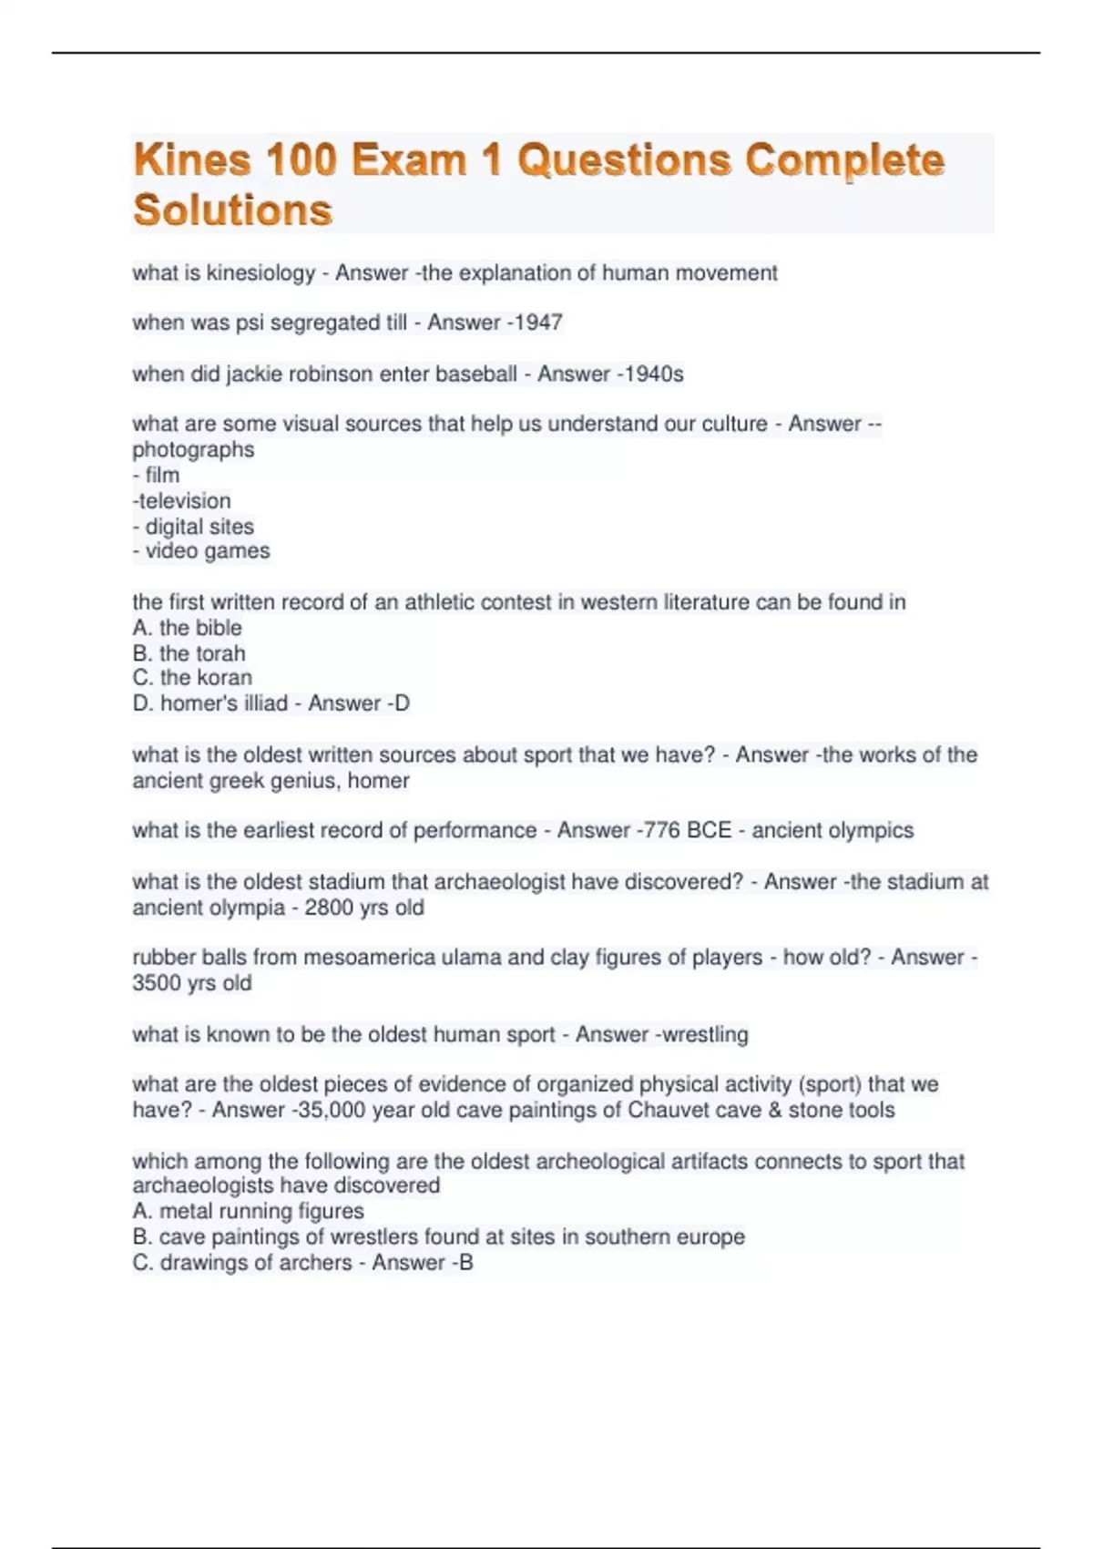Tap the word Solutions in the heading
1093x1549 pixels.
[x=232, y=210]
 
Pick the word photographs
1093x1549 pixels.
[x=193, y=449]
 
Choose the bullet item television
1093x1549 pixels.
[x=183, y=500]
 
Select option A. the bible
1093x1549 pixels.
[x=187, y=628]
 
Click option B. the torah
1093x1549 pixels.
[x=189, y=653]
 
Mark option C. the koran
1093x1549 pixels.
[x=192, y=678]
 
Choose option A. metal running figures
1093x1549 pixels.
[x=248, y=1211]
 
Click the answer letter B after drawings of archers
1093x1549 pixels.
[x=466, y=1263]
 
